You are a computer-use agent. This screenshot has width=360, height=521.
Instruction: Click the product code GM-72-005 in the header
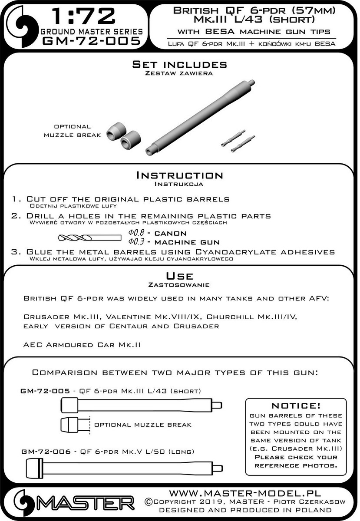coord(92,41)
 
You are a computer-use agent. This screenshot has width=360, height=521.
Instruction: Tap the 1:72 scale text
coord(83,17)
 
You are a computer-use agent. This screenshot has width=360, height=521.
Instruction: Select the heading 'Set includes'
coord(179,65)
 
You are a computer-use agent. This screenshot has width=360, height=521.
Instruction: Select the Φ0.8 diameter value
coord(136,233)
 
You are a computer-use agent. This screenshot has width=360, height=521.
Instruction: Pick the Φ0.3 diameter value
coord(136,242)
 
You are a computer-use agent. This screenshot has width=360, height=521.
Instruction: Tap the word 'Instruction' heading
coord(179,175)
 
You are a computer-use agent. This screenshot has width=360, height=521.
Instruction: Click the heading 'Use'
coord(179,277)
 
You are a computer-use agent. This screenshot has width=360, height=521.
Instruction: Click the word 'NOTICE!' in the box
coord(295,406)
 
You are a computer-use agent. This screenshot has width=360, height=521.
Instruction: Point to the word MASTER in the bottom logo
coord(87,504)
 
